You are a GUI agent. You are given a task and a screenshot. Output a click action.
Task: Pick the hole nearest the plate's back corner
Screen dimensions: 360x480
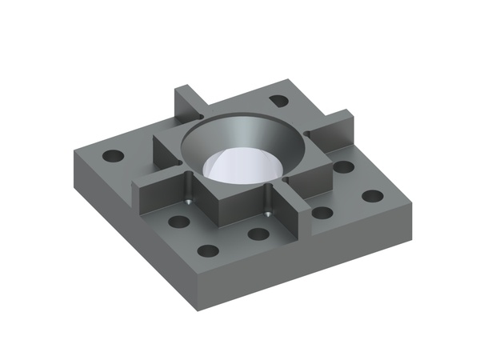[278, 101]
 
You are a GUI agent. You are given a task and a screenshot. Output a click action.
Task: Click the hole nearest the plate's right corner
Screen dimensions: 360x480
[372, 196]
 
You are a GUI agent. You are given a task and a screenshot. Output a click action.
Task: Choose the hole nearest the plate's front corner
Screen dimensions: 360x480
[208, 251]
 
